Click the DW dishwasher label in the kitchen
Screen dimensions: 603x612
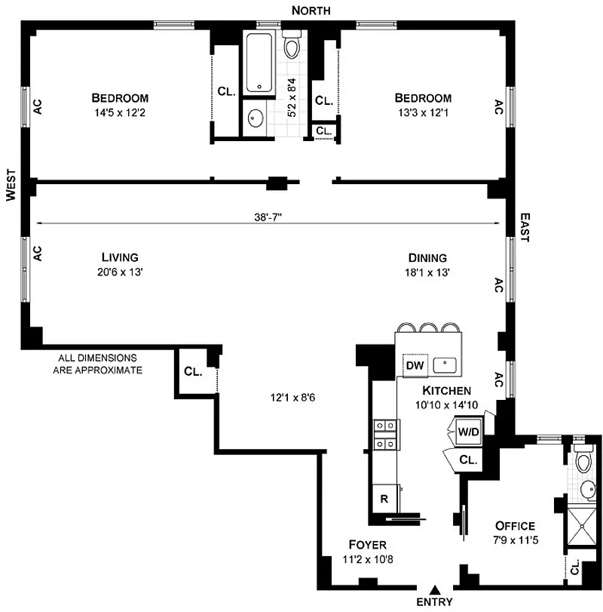(415, 365)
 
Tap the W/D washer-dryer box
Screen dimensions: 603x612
(469, 432)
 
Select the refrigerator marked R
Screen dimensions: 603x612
(384, 498)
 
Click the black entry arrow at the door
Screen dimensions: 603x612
(435, 589)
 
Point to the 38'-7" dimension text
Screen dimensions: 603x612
(268, 217)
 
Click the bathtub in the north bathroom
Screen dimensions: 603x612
(259, 63)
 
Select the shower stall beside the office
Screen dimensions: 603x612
(582, 527)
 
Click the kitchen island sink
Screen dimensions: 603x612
(445, 365)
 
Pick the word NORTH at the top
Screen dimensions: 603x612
(311, 11)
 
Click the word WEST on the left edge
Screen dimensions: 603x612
(11, 185)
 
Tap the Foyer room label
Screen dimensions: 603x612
(368, 545)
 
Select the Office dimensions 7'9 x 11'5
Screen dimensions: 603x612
(516, 540)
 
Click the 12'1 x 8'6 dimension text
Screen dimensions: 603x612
(292, 398)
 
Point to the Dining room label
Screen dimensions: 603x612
(427, 257)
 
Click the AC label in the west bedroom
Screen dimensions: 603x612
(38, 106)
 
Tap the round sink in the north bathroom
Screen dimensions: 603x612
(256, 118)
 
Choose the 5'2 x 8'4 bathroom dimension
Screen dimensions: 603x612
(292, 97)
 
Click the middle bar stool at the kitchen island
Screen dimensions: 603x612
(427, 328)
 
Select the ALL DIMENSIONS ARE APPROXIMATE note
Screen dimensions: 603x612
(97, 364)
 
